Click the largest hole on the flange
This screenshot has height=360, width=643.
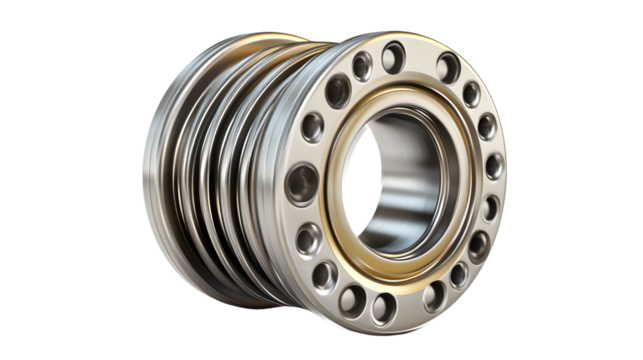[301, 184]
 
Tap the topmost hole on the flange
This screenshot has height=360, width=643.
[393, 56]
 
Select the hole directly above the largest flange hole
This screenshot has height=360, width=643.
[313, 127]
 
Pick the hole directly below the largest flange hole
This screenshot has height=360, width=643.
[310, 238]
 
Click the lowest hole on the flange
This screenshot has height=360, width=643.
[383, 306]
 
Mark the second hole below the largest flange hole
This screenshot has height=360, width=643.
[326, 274]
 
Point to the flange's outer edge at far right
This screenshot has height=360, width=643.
[503, 170]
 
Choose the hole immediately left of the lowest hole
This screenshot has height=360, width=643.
[351, 297]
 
